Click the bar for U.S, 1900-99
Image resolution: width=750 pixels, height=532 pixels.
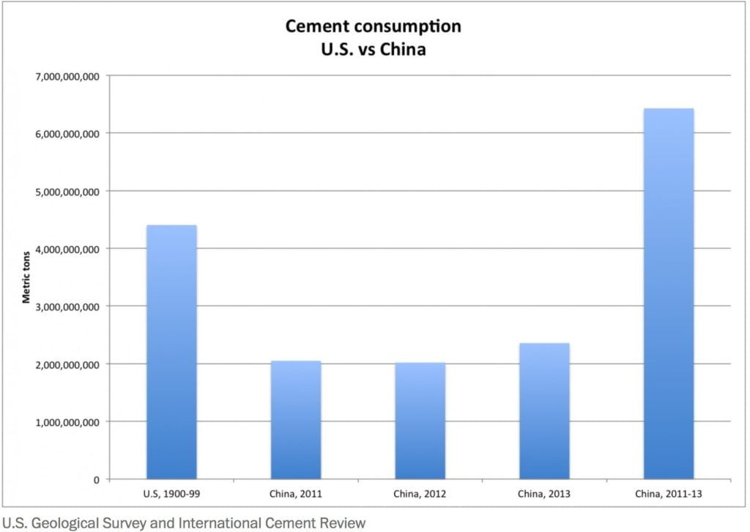[x=171, y=352]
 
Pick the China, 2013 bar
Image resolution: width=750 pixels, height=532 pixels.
[x=544, y=411]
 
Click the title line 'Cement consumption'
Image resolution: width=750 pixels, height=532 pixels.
[x=374, y=27]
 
